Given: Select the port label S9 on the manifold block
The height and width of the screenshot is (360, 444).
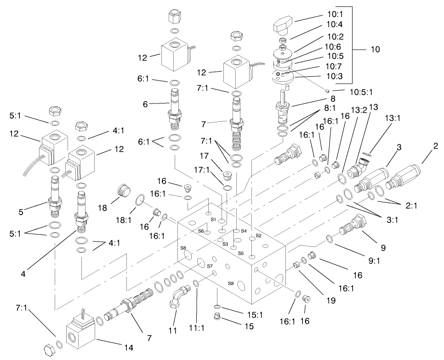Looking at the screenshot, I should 231,283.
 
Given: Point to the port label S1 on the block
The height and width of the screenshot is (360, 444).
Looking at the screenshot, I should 213,220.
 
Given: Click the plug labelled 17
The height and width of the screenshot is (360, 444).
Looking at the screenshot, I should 225,176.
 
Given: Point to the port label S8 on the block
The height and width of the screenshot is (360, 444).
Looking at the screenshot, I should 183,248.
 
